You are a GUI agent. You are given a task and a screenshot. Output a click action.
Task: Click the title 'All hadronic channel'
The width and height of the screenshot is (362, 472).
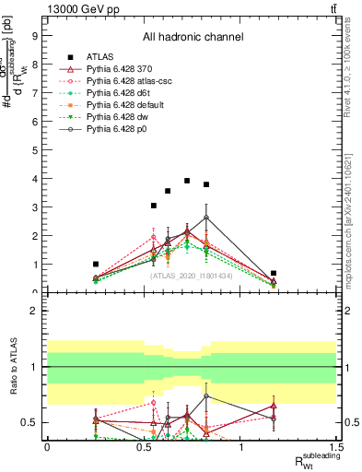192,38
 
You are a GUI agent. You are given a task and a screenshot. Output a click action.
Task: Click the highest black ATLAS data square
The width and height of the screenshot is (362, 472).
187,181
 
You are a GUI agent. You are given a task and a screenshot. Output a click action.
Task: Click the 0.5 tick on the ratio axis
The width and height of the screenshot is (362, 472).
30,422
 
